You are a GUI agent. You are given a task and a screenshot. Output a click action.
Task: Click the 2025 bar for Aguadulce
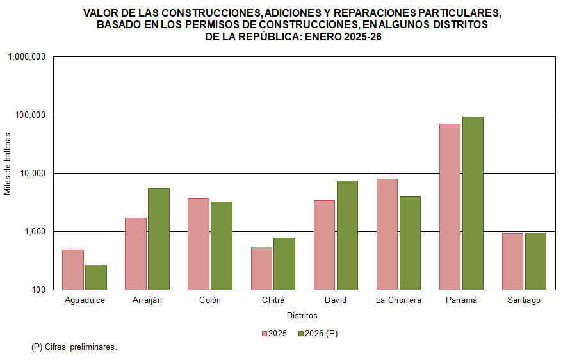pyautogui.click(x=73, y=270)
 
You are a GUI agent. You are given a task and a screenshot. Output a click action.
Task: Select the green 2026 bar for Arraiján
pyautogui.click(x=159, y=239)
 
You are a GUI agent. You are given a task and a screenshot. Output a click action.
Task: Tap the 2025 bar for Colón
pyautogui.click(x=199, y=243)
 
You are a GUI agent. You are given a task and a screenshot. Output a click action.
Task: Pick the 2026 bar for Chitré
pyautogui.click(x=284, y=263)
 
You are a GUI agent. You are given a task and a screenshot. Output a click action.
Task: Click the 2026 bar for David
pyautogui.click(x=347, y=235)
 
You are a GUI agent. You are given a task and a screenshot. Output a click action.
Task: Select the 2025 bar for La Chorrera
pyautogui.click(x=387, y=234)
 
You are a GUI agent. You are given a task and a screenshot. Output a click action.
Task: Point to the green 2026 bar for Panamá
pyautogui.click(x=473, y=203)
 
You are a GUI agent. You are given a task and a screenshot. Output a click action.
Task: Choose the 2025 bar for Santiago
pyautogui.click(x=512, y=261)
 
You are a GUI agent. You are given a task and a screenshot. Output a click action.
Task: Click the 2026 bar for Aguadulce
pyautogui.click(x=96, y=277)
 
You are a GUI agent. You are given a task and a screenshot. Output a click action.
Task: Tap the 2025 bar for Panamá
pyautogui.click(x=450, y=206)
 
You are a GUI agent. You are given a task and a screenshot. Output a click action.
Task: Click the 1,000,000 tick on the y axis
pyautogui.click(x=27, y=57)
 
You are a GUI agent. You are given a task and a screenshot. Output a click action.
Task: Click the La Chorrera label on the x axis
pyautogui.click(x=398, y=300)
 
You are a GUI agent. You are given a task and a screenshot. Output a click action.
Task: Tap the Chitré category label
pyautogui.click(x=273, y=300)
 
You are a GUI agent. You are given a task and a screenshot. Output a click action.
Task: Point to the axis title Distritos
pyautogui.click(x=302, y=316)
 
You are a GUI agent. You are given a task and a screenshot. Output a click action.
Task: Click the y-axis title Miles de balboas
pyautogui.click(x=8, y=164)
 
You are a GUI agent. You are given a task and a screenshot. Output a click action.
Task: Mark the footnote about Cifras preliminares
pyautogui.click(x=74, y=347)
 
